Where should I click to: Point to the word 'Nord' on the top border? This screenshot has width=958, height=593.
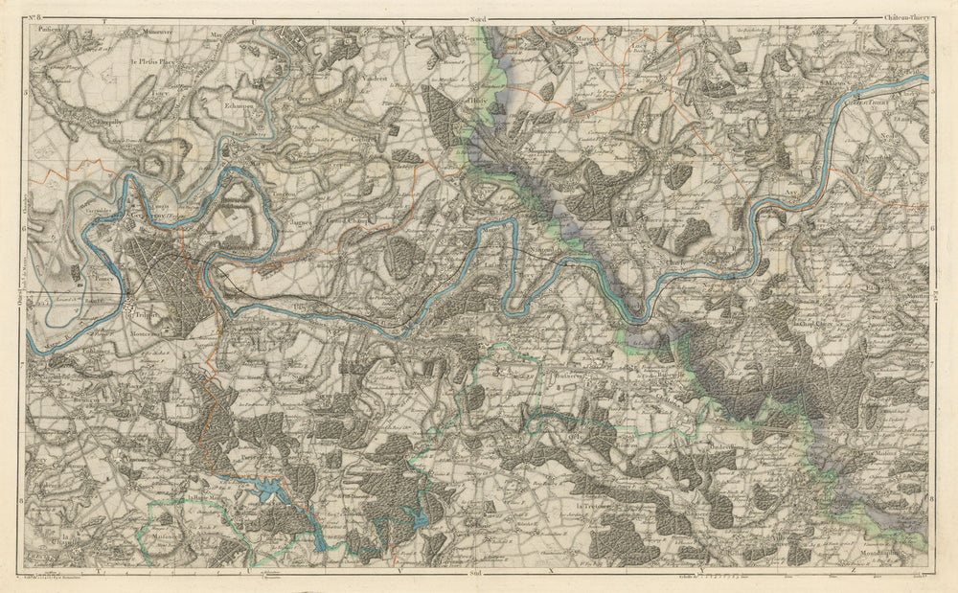477,18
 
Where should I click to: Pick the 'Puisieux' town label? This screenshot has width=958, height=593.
50,31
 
